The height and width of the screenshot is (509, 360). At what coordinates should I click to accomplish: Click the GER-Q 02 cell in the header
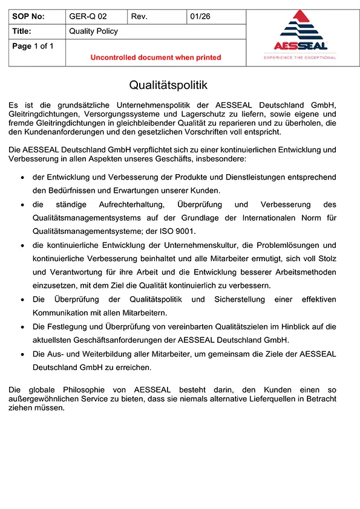coord(88,17)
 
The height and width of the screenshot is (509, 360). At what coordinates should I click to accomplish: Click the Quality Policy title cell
coord(94,31)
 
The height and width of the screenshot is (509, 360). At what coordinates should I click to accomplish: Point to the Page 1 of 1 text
coord(33,46)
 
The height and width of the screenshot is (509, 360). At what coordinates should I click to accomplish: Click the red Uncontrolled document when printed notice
coord(155,57)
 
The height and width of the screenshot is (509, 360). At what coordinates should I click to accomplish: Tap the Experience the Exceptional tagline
coord(299,57)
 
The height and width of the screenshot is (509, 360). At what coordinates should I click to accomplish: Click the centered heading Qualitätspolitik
coord(168,86)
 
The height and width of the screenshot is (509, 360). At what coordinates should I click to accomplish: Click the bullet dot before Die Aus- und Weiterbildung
coord(22,354)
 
